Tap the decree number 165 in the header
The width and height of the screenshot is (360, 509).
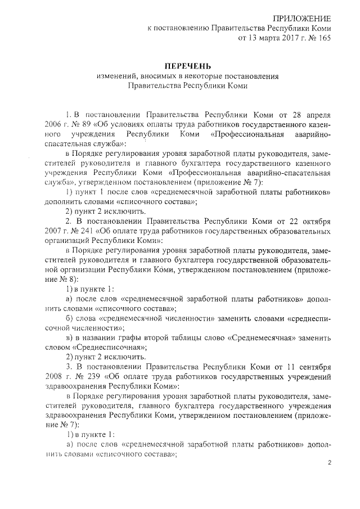[x=323, y=38]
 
